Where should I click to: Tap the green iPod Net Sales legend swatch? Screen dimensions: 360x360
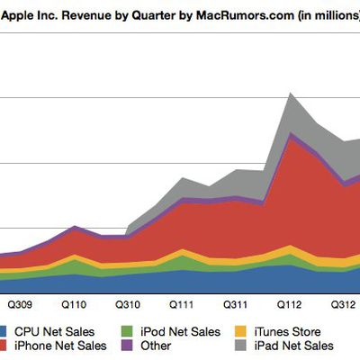click(x=126, y=331)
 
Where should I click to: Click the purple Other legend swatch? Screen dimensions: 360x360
click(x=126, y=346)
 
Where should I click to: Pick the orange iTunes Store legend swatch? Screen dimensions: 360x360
click(x=241, y=331)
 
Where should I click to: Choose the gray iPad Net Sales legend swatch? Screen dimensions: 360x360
click(x=241, y=346)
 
